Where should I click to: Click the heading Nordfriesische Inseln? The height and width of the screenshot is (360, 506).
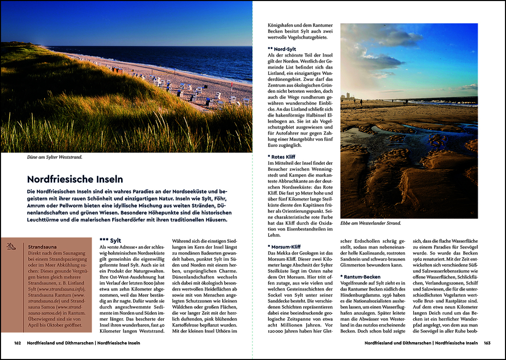pyautogui.click(x=75, y=179)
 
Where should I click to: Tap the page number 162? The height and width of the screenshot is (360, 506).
pyautogui.click(x=17, y=343)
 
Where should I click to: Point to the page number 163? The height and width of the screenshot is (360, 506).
pyautogui.click(x=487, y=343)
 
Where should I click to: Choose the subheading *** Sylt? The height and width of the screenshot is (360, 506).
pyautogui.click(x=110, y=240)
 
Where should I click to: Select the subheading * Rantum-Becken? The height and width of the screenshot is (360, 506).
pyautogui.click(x=361, y=277)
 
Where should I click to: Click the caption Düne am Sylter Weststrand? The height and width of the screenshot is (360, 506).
pyautogui.click(x=55, y=157)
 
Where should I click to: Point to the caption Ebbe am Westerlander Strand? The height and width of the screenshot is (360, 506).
pyautogui.click(x=371, y=223)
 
